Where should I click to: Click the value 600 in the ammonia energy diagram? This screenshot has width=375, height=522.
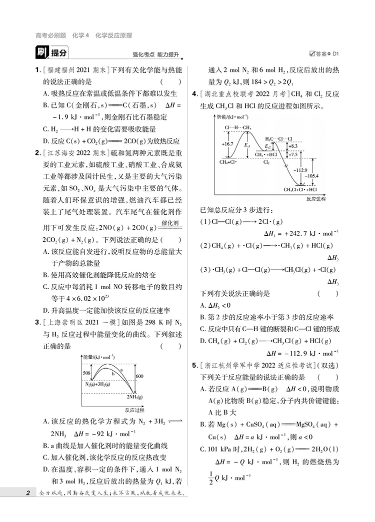click(139, 376)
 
